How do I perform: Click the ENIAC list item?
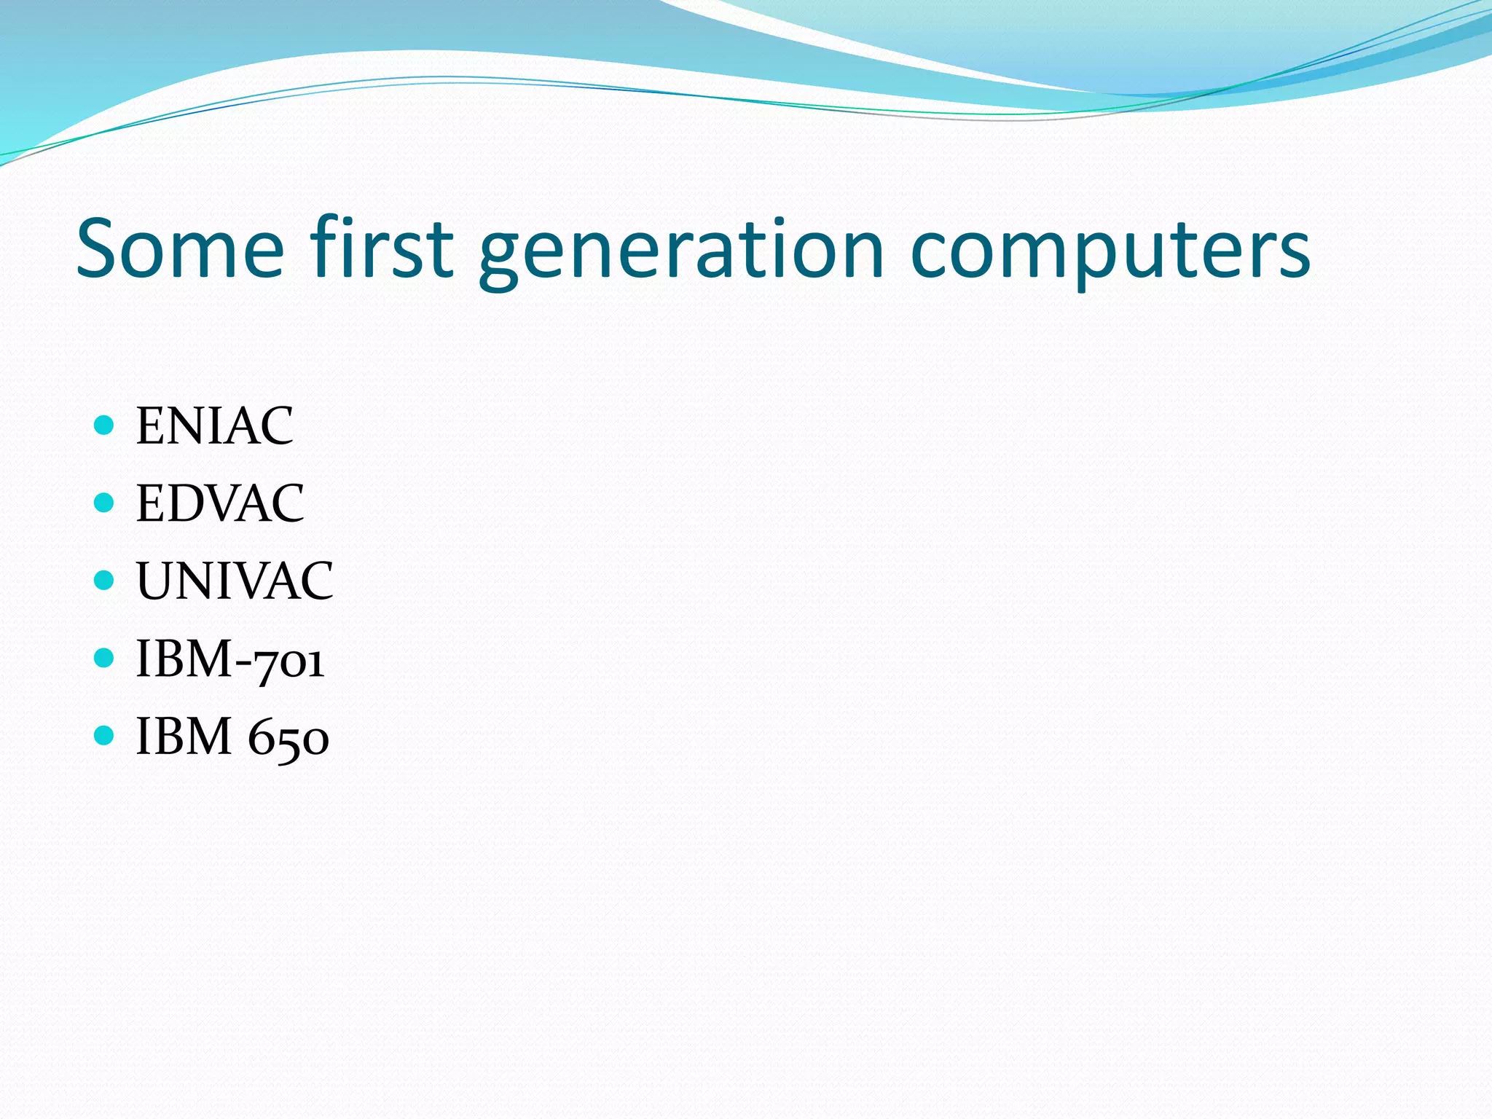click(215, 425)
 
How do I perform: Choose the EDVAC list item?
click(220, 503)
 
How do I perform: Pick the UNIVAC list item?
click(235, 581)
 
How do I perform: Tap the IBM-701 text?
click(230, 659)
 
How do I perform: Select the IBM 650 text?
click(232, 737)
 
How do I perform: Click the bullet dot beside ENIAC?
click(105, 424)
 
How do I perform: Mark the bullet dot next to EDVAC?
click(105, 502)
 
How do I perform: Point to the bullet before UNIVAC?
click(105, 580)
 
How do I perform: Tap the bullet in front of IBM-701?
click(105, 658)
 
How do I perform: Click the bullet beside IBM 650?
click(105, 736)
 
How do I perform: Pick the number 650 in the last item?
click(288, 739)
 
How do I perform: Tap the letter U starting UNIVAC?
click(154, 581)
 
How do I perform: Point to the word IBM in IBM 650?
click(184, 737)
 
